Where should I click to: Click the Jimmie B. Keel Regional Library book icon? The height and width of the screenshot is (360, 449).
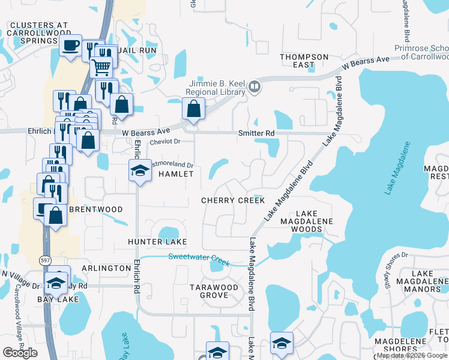(255, 87)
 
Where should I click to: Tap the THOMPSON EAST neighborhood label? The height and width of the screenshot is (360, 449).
(304, 61)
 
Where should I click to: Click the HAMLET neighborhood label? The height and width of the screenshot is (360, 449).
(176, 174)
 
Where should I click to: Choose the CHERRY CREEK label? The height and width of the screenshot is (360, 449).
(233, 200)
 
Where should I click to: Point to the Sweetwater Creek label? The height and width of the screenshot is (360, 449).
(199, 257)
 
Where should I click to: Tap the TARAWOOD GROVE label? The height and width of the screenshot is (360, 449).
(214, 291)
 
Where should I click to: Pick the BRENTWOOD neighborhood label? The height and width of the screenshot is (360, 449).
(96, 209)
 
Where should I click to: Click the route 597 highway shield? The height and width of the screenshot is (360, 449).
(45, 260)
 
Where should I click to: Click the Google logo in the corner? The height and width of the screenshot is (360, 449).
(20, 353)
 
